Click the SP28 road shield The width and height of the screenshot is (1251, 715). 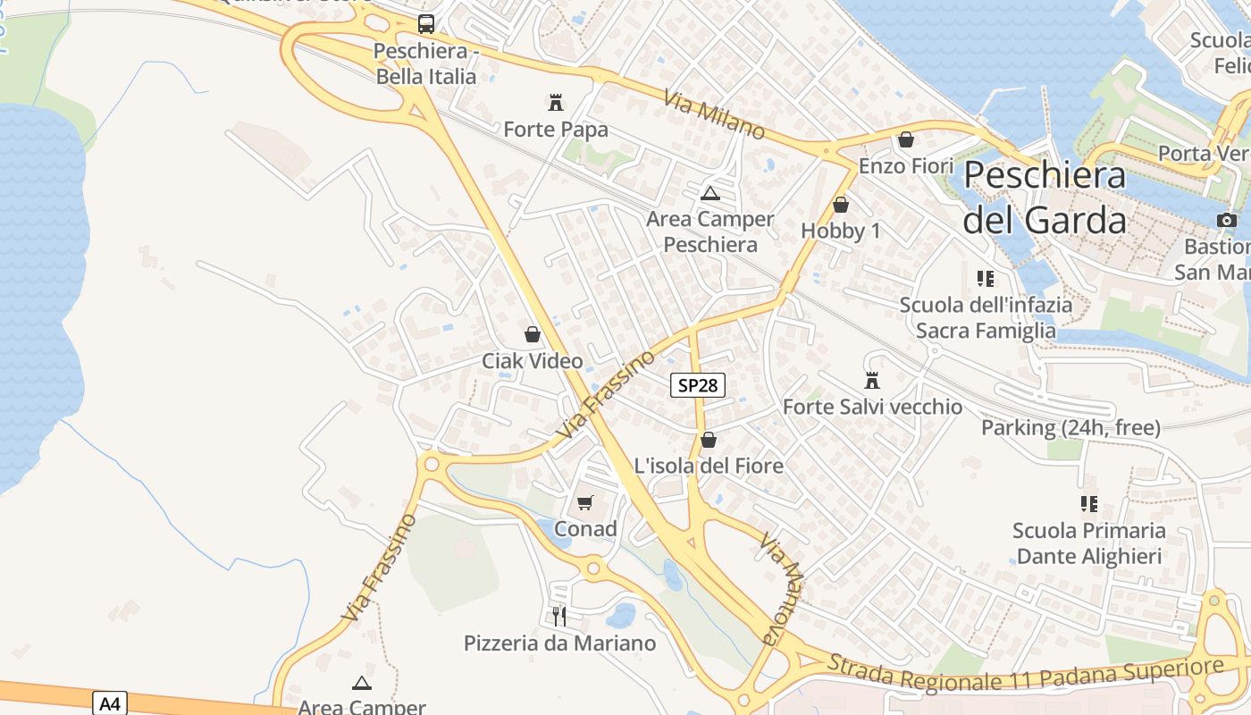(x=697, y=385)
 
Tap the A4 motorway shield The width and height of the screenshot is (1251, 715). (x=109, y=703)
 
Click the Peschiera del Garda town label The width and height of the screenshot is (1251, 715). (x=1045, y=197)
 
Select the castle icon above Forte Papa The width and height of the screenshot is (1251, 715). (x=556, y=102)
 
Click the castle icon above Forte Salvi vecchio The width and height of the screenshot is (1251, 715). (x=872, y=380)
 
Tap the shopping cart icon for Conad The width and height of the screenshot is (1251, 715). (x=585, y=502)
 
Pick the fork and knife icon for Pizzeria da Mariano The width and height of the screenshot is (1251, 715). (x=559, y=616)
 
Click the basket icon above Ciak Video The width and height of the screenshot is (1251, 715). (x=533, y=334)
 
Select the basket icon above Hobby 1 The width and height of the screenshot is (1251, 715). (x=840, y=205)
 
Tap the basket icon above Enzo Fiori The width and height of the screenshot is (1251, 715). (x=906, y=139)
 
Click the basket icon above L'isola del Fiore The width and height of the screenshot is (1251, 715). (x=708, y=439)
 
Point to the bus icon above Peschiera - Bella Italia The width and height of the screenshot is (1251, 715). (x=426, y=24)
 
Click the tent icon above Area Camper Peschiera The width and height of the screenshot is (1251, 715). (x=709, y=192)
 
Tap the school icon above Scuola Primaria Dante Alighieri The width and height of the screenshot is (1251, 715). (x=1088, y=504)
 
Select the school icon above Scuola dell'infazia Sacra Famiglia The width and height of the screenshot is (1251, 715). (x=986, y=278)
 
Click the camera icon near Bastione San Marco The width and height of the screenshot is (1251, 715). (x=1227, y=220)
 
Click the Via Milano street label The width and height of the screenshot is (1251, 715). (x=714, y=114)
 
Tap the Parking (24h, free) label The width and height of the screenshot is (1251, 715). (x=1070, y=428)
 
